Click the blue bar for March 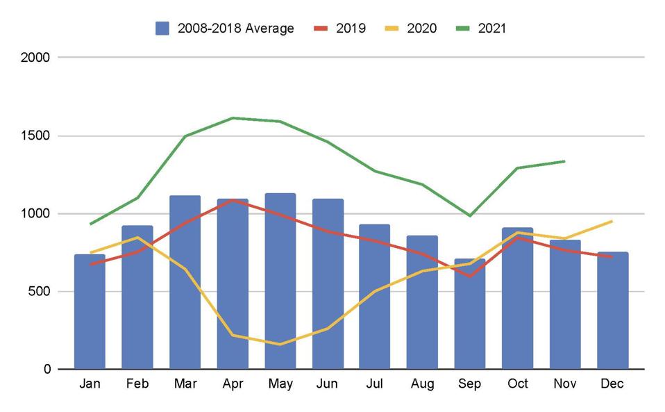pyautogui.click(x=185, y=292)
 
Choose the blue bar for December pyautogui.click(x=612, y=313)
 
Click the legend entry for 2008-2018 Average pyautogui.click(x=225, y=28)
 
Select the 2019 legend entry pyautogui.click(x=342, y=28)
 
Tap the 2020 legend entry pyautogui.click(x=413, y=28)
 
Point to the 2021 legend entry pyautogui.click(x=482, y=28)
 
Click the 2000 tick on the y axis pyautogui.click(x=36, y=58)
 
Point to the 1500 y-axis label pyautogui.click(x=36, y=135)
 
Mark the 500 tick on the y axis pyautogui.click(x=40, y=291)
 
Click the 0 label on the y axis pyautogui.click(x=47, y=369)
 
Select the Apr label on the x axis pyautogui.click(x=232, y=384)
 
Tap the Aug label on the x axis pyautogui.click(x=422, y=384)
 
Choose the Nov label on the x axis pyautogui.click(x=564, y=384)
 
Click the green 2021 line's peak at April pyautogui.click(x=233, y=118)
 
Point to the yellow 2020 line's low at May pyautogui.click(x=280, y=344)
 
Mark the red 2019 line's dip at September pyautogui.click(x=470, y=276)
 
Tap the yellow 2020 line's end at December pyautogui.click(x=612, y=221)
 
